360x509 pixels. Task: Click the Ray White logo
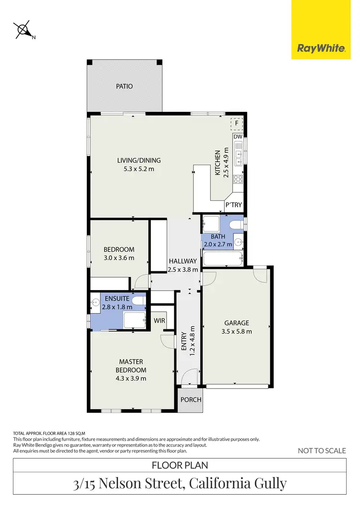tap(321, 48)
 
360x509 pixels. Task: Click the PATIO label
tap(124, 86)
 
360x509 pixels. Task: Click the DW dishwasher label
tap(238, 137)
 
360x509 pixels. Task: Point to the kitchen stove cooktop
tap(238, 180)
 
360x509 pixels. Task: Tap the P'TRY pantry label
tap(234, 205)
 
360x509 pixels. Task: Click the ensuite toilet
tap(139, 301)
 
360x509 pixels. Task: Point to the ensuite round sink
tap(95, 303)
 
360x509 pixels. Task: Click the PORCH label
tap(191, 400)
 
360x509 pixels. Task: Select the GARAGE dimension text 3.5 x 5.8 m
tap(237, 331)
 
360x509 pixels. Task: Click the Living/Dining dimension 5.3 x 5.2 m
tap(139, 169)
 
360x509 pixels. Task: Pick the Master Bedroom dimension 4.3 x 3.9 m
tap(131, 378)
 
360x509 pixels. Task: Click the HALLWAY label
tap(182, 261)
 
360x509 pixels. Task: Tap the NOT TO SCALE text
tap(322, 450)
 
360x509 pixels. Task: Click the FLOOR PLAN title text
tap(180, 465)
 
